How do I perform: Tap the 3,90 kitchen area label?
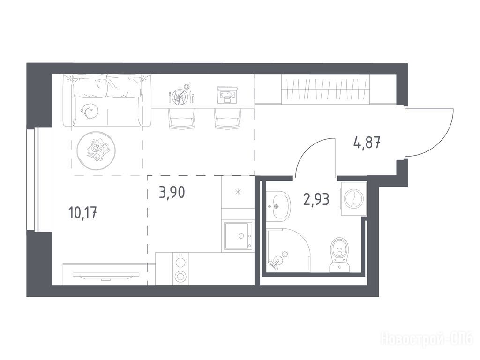(172, 192)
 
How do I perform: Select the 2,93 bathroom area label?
(316, 199)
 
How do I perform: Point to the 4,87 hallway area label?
(367, 142)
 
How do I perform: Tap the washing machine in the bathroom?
(354, 198)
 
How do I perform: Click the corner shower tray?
(289, 250)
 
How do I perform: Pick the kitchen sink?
(238, 235)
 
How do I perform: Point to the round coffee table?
(97, 150)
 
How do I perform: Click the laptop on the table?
(227, 94)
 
